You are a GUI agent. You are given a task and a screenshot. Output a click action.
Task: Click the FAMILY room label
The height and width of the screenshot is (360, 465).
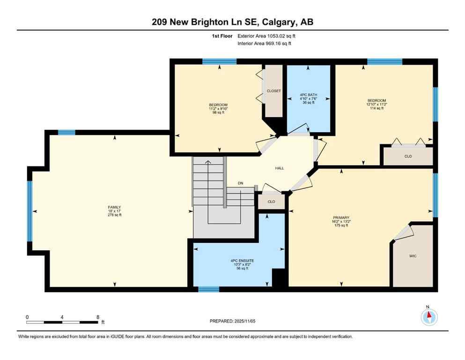tap(115, 207)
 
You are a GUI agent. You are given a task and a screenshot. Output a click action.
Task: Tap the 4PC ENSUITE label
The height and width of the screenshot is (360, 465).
tap(238, 261)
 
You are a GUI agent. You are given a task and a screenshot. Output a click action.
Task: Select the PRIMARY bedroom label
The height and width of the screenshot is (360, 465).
tap(340, 217)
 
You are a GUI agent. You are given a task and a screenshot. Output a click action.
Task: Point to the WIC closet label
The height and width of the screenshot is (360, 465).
tap(413, 256)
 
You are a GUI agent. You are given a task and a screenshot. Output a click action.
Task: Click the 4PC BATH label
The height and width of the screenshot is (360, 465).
tap(308, 94)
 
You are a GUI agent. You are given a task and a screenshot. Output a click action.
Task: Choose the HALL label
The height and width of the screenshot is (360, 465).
tap(280, 168)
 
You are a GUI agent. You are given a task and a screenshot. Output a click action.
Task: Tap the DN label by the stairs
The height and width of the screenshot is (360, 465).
tap(241, 183)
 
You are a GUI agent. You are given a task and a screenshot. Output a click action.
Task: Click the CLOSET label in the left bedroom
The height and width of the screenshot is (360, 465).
tap(273, 91)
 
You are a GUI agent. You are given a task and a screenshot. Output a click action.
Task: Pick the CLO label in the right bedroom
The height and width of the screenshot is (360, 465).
tap(408, 156)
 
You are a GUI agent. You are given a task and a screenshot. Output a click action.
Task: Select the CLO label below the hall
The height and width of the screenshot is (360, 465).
tap(272, 202)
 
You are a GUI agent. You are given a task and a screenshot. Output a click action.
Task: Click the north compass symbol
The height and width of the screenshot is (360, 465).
tap(429, 317)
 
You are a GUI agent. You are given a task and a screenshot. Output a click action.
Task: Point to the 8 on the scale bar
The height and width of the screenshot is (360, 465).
tap(98, 317)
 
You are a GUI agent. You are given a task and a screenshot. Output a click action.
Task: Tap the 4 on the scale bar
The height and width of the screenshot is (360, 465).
tap(62, 317)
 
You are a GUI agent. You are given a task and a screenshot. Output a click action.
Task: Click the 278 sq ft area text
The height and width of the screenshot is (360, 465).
tap(115, 215)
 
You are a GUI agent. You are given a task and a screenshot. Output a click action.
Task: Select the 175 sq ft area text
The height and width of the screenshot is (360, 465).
tap(340, 225)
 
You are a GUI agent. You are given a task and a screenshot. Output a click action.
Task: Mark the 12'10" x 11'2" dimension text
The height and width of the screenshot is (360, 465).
tap(376, 105)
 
